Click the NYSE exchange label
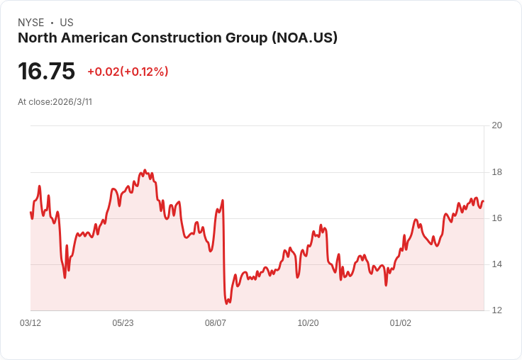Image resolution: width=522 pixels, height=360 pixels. click(31, 23)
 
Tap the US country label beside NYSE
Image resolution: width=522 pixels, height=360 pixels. click(67, 23)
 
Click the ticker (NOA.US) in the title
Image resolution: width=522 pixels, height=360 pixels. click(304, 38)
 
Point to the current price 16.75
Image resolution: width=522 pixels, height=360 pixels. click(46, 71)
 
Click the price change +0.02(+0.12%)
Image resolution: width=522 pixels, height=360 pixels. click(128, 72)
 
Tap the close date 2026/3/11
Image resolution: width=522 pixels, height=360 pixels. click(72, 102)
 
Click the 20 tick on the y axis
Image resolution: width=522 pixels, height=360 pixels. click(496, 125)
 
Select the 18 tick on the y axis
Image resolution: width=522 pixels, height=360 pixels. click(496, 172)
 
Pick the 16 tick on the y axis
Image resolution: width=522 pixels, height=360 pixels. click(496, 218)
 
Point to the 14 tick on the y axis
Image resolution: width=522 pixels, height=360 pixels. click(496, 264)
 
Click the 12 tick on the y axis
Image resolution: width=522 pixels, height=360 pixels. click(496, 310)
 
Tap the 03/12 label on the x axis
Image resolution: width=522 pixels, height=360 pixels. click(30, 323)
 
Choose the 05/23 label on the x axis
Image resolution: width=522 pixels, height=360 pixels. click(123, 323)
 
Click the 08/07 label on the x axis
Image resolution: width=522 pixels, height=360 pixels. click(216, 323)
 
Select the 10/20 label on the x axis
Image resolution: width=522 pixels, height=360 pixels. click(308, 323)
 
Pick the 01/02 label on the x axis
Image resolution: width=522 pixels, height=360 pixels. click(401, 323)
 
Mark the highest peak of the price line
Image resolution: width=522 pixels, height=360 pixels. click(145, 170)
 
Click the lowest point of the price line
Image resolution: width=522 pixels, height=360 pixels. click(226, 303)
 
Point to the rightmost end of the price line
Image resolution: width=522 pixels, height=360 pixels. click(484, 201)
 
